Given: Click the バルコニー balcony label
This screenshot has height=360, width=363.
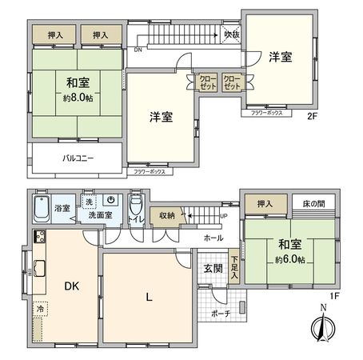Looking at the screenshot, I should (78, 158).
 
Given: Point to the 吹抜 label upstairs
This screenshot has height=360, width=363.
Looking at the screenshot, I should (232, 34).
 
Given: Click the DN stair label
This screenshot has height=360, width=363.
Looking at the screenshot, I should (138, 48).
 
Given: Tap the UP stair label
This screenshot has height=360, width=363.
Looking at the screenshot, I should (222, 216).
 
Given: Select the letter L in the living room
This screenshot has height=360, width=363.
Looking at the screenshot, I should (149, 298).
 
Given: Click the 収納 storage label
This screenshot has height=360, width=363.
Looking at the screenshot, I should (167, 214).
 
